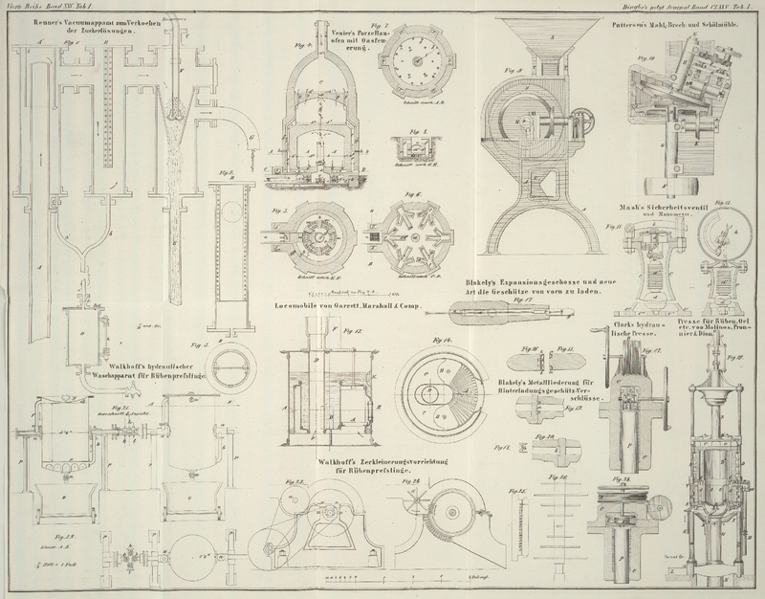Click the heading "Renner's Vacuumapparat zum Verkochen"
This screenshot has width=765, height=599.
point(73,20)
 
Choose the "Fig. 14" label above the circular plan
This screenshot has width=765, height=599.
point(445,342)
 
